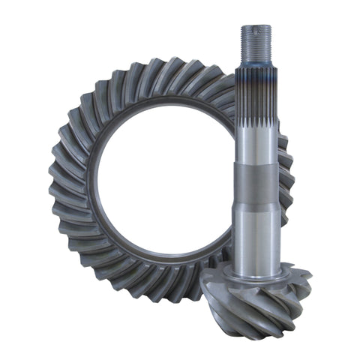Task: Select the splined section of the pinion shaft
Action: [x=257, y=112]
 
